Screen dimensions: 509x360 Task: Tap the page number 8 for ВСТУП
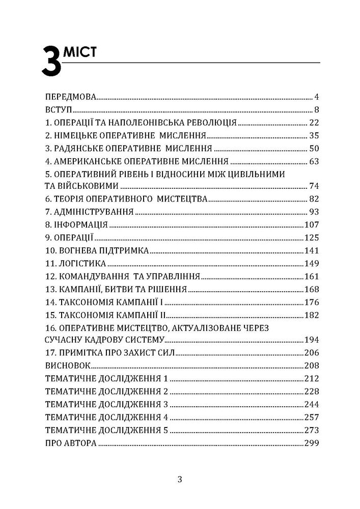(x=316, y=109)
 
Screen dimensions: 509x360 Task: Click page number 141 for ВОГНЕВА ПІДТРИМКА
(x=311, y=251)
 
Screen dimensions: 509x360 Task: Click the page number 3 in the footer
(x=180, y=479)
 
